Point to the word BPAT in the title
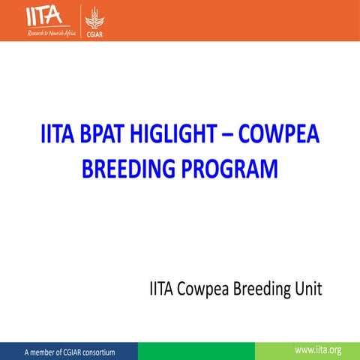coord(121,137)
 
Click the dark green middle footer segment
coord(196,350)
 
